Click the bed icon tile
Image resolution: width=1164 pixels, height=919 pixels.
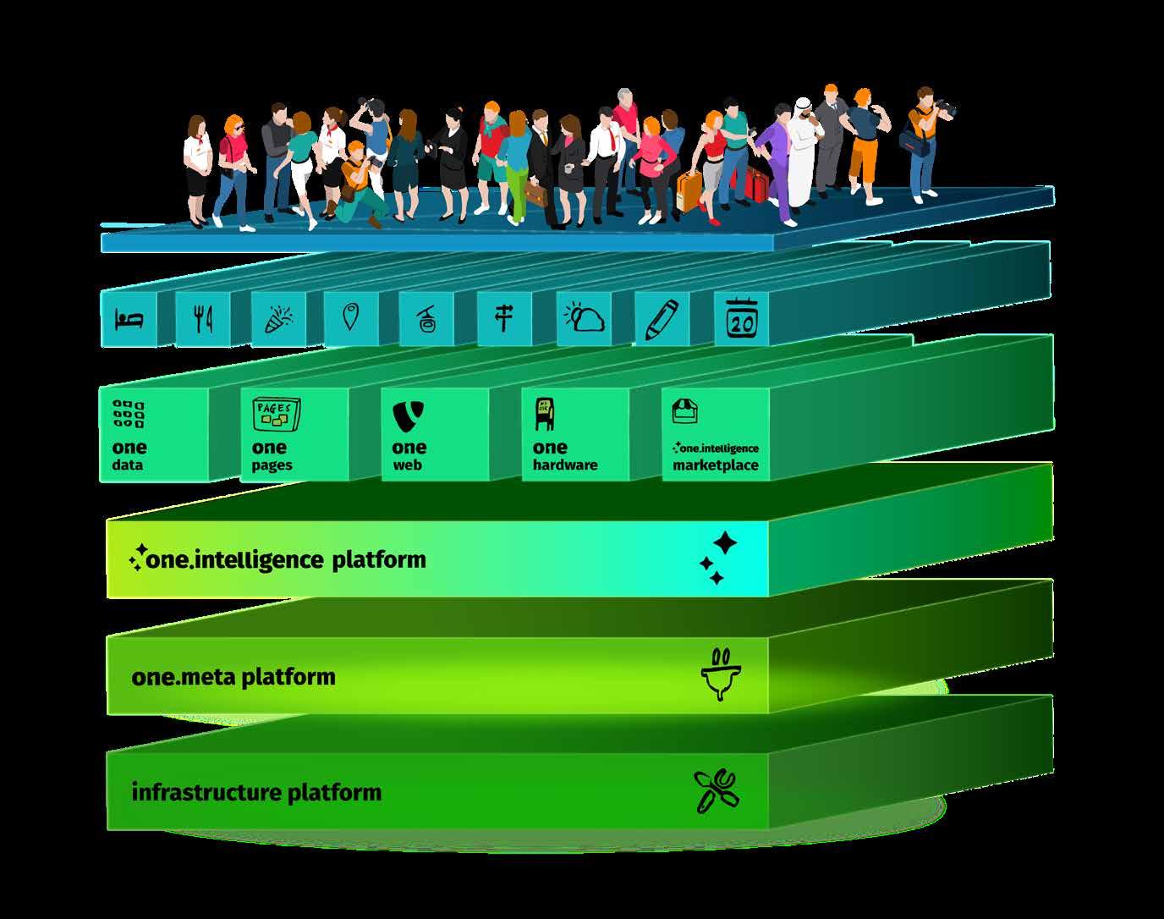[x=129, y=320]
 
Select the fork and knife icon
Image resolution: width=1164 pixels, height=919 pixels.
[x=202, y=320]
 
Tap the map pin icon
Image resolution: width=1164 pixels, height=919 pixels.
[x=350, y=318]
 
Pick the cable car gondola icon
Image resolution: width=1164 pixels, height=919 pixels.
[x=426, y=320]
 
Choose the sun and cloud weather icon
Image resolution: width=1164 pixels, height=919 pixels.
[x=585, y=319]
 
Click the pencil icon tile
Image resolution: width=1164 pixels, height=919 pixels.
[x=662, y=320]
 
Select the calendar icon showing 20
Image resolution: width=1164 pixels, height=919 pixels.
[x=742, y=320]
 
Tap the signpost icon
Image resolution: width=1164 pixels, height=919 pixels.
[x=504, y=318]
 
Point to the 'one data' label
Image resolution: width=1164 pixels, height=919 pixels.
[x=129, y=455]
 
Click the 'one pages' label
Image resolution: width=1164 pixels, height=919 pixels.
[x=271, y=455]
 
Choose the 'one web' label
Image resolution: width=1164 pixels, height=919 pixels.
[x=409, y=455]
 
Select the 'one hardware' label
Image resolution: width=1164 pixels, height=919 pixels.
[x=564, y=455]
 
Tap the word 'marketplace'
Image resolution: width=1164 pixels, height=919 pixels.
[x=715, y=465]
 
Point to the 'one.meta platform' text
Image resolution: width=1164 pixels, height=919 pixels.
[x=233, y=677]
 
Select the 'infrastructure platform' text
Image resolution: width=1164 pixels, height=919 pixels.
[x=256, y=793]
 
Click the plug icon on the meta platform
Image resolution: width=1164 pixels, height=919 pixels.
[x=720, y=674]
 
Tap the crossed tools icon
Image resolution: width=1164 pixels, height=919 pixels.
[x=716, y=791]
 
